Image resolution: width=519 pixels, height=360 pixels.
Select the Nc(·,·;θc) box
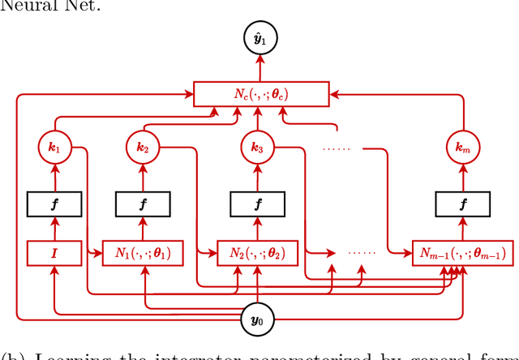tap(261, 93)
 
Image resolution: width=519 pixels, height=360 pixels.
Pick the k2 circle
tap(144, 148)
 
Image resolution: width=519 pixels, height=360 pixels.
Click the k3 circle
tap(257, 148)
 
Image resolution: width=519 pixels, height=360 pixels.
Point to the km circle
tap(461, 148)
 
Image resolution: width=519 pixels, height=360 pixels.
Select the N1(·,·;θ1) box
tap(144, 254)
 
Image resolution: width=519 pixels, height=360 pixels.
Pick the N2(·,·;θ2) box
tap(257, 254)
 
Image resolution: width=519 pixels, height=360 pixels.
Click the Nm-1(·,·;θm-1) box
tap(461, 254)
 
